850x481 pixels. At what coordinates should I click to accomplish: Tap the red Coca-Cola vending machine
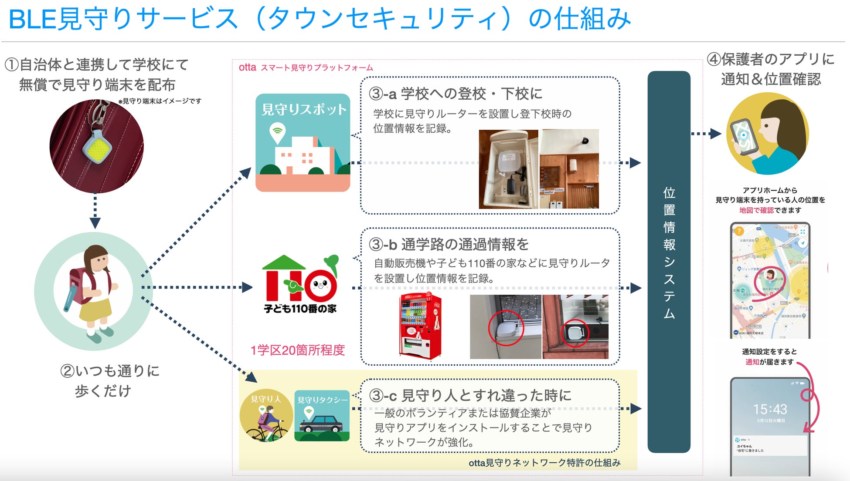[420, 326]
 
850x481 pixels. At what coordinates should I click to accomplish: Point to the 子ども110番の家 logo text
[300, 309]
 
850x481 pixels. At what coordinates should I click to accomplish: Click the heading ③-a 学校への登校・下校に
[456, 94]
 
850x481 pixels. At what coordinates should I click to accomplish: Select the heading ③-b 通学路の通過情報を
[449, 245]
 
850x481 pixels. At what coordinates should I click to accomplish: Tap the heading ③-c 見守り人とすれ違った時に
[470, 396]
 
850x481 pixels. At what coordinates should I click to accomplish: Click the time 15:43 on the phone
[770, 409]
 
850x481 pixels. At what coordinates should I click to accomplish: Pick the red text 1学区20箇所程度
[298, 350]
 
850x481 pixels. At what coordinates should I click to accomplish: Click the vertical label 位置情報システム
[669, 252]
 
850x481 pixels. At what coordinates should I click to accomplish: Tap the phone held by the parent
[743, 137]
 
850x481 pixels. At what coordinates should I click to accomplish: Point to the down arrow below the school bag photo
[95, 222]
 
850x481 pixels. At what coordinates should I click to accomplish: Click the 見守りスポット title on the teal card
[303, 110]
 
